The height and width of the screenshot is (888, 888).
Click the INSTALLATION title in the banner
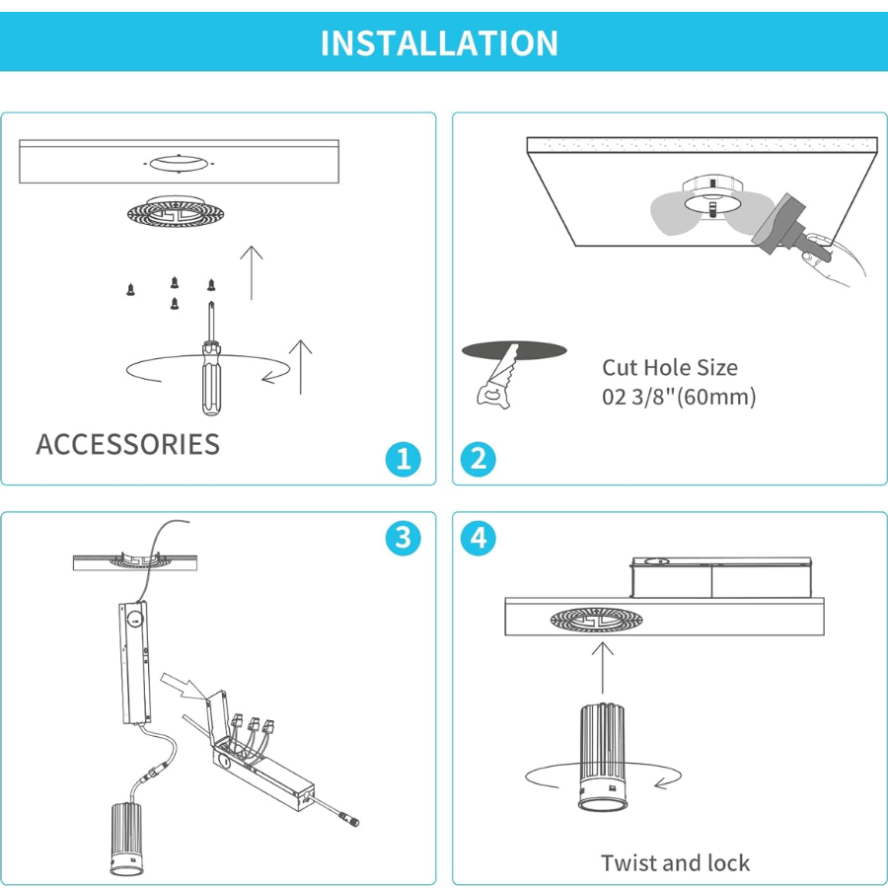(439, 43)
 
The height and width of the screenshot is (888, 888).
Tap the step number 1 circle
(403, 459)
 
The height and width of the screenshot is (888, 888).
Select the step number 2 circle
(479, 459)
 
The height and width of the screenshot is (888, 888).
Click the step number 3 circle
(403, 538)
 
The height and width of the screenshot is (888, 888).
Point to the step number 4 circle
(479, 538)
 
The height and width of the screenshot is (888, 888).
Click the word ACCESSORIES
(128, 444)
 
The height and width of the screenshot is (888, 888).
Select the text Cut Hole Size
(670, 368)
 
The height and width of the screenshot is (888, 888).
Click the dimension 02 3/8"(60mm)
(679, 398)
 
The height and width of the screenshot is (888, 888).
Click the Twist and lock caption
(675, 863)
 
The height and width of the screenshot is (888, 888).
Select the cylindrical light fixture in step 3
(129, 839)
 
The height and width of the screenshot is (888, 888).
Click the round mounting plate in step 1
(170, 211)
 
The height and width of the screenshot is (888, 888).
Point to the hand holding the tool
(834, 259)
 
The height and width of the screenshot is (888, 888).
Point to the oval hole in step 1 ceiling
(177, 161)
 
